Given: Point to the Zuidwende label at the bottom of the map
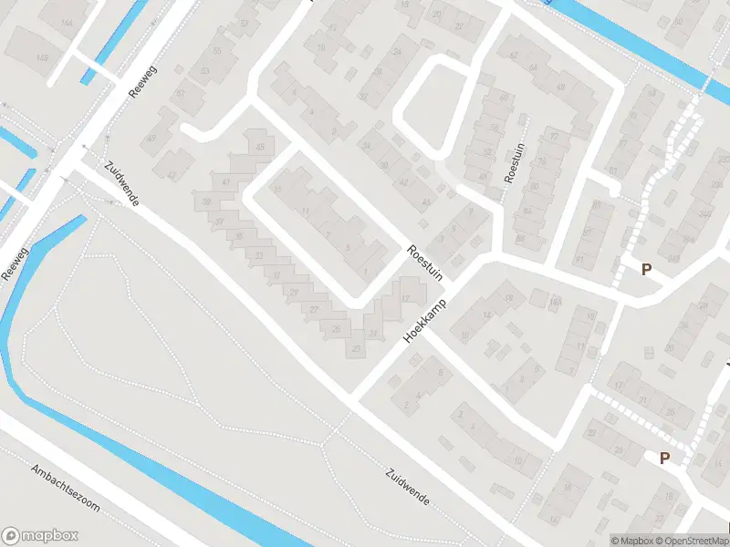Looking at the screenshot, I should [x=406, y=488].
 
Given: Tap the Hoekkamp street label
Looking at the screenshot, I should [x=426, y=321].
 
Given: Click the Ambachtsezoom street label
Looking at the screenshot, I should [x=64, y=489].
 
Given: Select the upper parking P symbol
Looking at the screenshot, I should [x=647, y=269].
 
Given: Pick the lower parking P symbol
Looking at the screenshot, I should [x=665, y=458].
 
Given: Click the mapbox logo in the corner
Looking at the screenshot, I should [x=38, y=536].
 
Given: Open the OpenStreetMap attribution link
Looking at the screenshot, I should [x=693, y=541].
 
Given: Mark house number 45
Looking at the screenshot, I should [x=261, y=147].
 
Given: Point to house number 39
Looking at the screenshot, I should [x=207, y=201].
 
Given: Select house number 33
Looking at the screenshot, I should [x=260, y=255].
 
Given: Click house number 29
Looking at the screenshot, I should [x=294, y=292].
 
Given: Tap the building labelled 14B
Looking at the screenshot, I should [x=42, y=58].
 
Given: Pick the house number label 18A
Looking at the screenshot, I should [x=554, y=300].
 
